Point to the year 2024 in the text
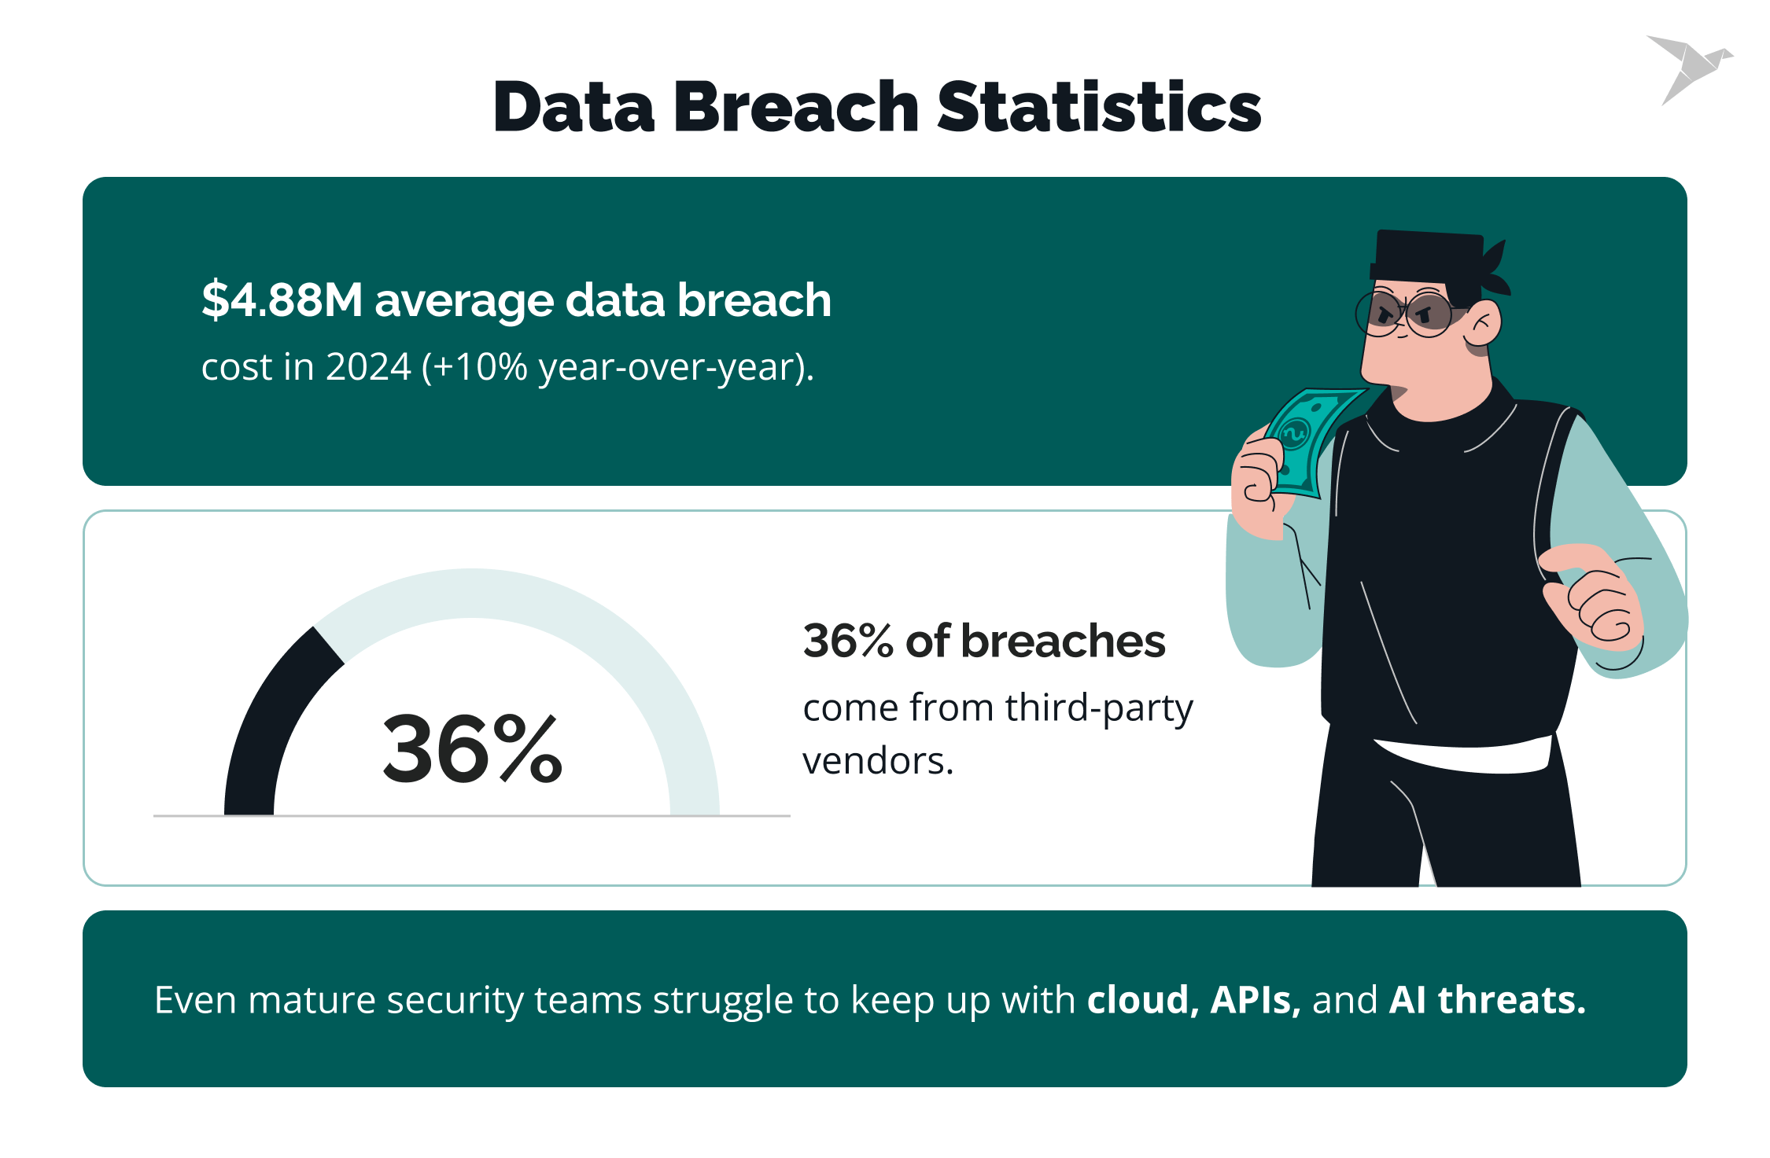tap(368, 367)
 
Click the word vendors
tap(878, 761)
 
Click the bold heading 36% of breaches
tap(983, 641)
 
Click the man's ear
tap(1483, 324)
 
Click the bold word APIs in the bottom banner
tap(1254, 1000)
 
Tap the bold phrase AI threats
tap(1487, 1000)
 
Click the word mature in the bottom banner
tap(310, 1001)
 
